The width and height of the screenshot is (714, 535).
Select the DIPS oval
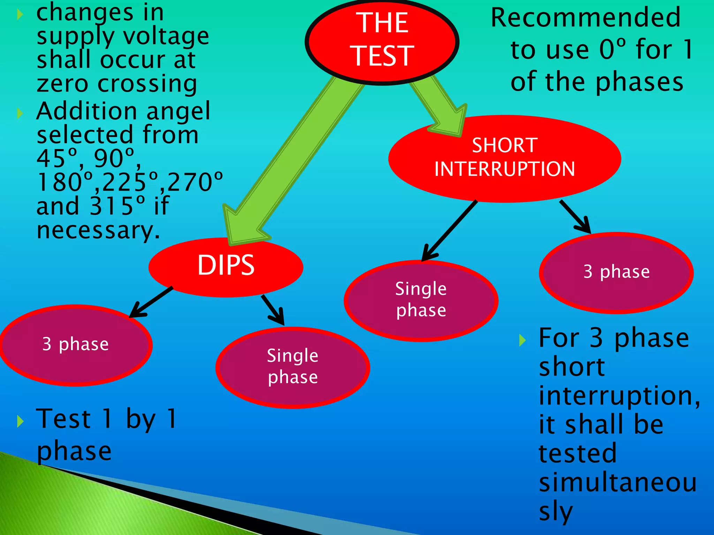point(226,266)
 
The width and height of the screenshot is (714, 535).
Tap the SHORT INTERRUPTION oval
point(504,158)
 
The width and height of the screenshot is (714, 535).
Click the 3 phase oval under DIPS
point(76,345)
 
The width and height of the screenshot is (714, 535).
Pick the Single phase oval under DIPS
point(293,367)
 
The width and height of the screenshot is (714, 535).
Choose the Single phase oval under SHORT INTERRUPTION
point(421,300)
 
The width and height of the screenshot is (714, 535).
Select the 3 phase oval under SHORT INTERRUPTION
point(616,272)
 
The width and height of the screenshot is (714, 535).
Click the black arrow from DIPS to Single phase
point(274,310)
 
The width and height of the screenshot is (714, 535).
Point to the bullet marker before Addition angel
point(20,113)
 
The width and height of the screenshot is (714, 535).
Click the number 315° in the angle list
point(117,206)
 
